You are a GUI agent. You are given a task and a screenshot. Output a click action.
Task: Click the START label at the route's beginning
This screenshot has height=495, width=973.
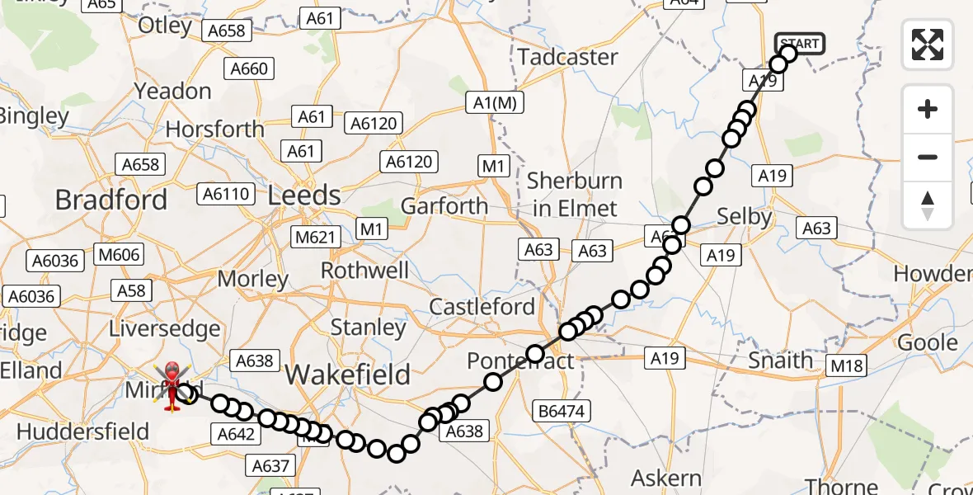click(x=799, y=44)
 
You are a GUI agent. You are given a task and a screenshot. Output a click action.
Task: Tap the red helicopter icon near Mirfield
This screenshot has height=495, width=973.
click(x=172, y=386)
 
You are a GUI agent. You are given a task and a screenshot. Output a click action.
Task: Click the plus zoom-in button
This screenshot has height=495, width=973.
click(x=928, y=110)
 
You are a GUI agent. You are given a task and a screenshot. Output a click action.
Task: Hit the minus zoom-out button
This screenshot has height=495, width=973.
click(x=928, y=157)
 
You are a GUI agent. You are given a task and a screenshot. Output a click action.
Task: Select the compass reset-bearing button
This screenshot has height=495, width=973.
click(x=928, y=205)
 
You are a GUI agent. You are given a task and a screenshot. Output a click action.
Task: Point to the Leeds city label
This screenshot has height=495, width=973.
click(x=304, y=196)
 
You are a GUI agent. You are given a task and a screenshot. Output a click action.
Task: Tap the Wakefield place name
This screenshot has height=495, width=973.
click(x=347, y=375)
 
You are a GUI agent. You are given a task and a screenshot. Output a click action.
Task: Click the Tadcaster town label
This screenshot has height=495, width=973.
click(x=568, y=57)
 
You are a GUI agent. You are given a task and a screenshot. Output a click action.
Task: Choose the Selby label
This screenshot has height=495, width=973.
click(x=744, y=217)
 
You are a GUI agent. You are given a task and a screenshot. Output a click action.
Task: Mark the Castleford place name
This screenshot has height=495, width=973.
click(x=482, y=307)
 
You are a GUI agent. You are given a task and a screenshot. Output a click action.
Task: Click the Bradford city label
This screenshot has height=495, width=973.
click(x=111, y=200)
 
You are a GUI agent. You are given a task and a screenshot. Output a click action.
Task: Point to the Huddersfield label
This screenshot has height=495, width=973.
click(x=82, y=431)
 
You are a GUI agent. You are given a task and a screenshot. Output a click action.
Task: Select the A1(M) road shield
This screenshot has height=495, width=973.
click(x=495, y=102)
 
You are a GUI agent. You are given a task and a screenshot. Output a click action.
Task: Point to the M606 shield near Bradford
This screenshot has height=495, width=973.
click(x=119, y=255)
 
